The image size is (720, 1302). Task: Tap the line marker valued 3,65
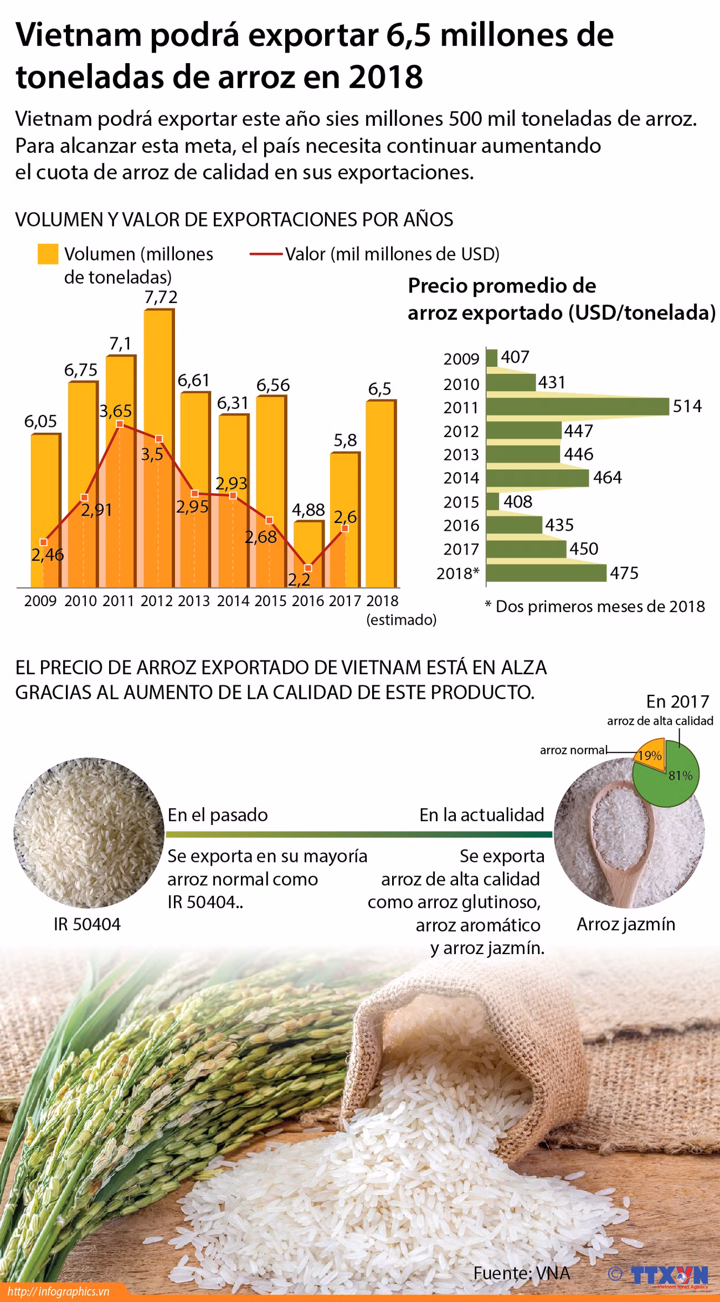click(x=120, y=424)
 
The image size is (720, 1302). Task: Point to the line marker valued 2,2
click(x=308, y=568)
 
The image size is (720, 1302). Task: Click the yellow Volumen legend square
click(x=48, y=254)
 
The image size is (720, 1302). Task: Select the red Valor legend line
click(x=266, y=254)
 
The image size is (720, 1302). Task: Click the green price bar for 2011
click(x=576, y=407)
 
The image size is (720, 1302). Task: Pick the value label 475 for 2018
click(x=624, y=573)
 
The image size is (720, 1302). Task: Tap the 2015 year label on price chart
click(x=461, y=502)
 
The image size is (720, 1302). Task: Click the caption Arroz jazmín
click(x=626, y=924)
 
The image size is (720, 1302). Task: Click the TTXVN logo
click(x=669, y=1274)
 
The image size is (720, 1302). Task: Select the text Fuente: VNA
click(x=521, y=1273)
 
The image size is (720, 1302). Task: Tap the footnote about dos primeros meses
click(x=595, y=606)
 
